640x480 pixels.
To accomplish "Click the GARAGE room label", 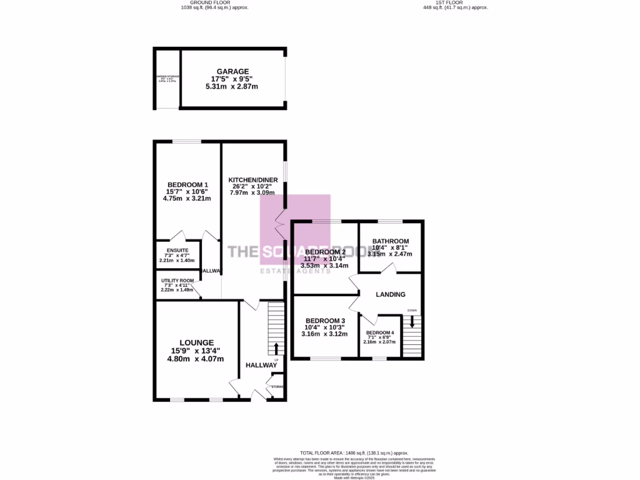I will point(232,71).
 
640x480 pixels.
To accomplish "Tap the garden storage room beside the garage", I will point(167,78).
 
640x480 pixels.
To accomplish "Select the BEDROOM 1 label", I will point(187,184).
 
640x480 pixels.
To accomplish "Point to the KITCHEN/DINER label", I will point(252,179).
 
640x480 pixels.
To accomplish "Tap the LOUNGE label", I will point(196,342).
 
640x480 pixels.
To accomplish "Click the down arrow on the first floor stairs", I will point(412,321).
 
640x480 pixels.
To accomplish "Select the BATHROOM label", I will point(390,241).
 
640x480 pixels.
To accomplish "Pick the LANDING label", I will point(390,294).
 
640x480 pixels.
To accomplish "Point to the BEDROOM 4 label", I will point(380,332).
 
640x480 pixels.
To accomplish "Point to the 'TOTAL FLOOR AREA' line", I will point(354,452).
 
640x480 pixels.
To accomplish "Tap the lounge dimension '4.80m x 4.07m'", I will point(196,359).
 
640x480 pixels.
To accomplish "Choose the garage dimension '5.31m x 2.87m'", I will point(232,86).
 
